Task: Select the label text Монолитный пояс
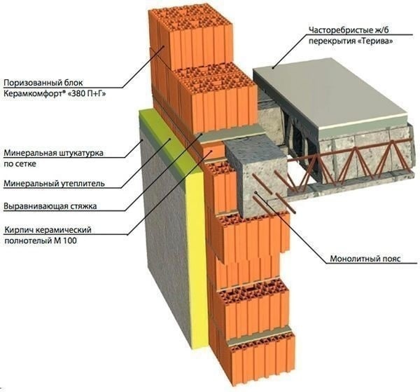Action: click(365, 259)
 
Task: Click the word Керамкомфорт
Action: click(33, 94)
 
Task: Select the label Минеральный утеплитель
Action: click(54, 184)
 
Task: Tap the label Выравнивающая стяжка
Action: click(50, 206)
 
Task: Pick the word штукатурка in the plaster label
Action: click(80, 153)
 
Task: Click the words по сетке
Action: click(20, 164)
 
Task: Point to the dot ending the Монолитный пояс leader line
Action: click(256, 192)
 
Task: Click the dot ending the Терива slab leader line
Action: click(273, 67)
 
